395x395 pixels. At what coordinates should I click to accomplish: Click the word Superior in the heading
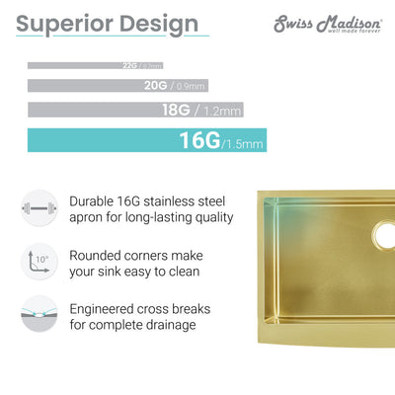(x=68, y=23)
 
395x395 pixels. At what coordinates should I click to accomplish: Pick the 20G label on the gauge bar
(x=156, y=86)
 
